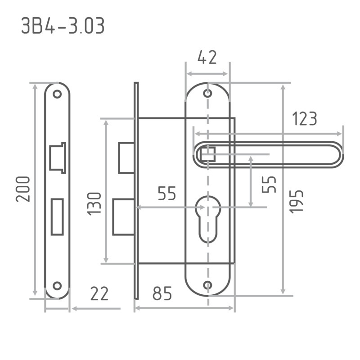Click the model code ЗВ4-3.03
63,26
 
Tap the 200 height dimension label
23,189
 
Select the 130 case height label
94,204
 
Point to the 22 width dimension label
99,293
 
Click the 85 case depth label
162,293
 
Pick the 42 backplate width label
207,57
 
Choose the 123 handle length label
305,119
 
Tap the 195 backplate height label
296,202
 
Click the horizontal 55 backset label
167,193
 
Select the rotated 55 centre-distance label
269,184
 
